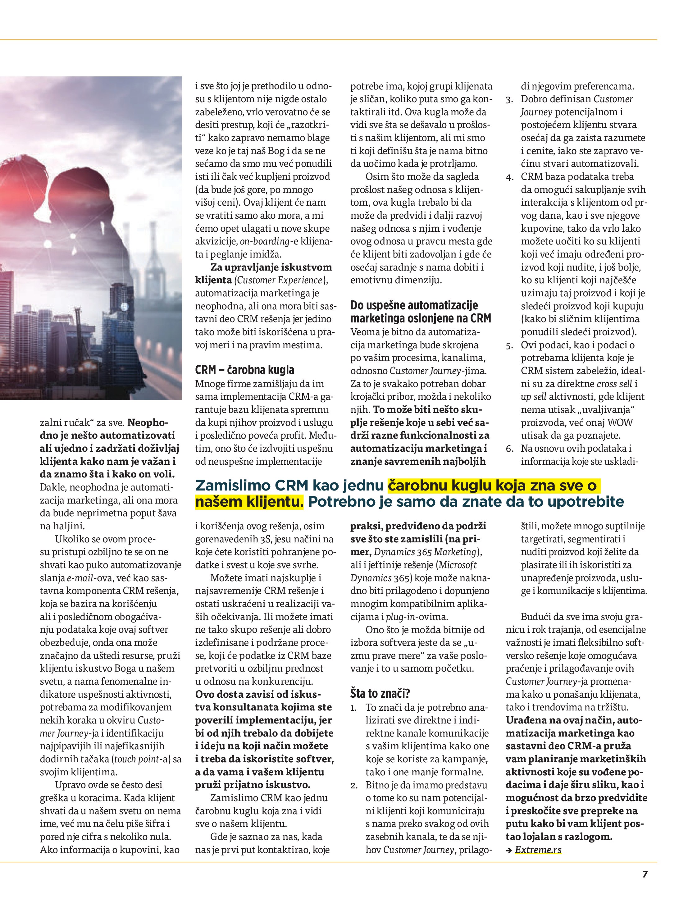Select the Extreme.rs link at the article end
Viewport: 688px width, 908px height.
(x=538, y=849)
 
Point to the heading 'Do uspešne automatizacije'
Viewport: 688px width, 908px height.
(x=414, y=305)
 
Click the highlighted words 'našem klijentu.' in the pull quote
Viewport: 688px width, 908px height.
(x=249, y=502)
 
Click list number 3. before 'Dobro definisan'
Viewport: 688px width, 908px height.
(x=509, y=99)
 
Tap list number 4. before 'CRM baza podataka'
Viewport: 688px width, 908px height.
(x=509, y=177)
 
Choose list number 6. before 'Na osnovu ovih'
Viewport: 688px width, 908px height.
(x=509, y=449)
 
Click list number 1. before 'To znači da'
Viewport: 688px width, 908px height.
(x=353, y=708)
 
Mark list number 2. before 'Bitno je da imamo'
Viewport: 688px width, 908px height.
(x=354, y=785)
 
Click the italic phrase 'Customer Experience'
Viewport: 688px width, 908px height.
(x=279, y=281)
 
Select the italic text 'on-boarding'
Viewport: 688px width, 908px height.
(x=265, y=241)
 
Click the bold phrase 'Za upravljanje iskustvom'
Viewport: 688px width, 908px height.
(x=271, y=267)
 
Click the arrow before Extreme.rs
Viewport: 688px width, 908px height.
(x=509, y=850)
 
